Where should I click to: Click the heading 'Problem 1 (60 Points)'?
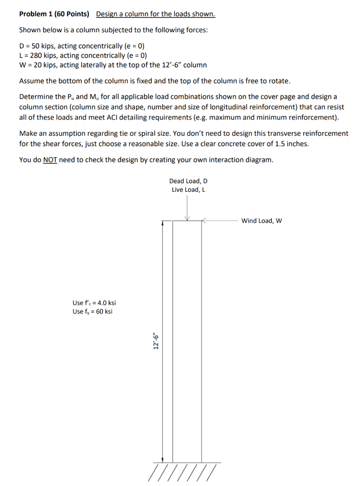tap(54, 14)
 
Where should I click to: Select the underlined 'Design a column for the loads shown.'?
tap(156, 14)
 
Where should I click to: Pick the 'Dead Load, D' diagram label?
tap(188, 181)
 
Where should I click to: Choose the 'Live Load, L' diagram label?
tap(188, 190)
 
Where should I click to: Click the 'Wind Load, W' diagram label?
tap(261, 221)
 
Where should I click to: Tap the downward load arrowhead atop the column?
tap(188, 218)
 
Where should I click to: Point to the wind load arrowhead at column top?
tap(204, 221)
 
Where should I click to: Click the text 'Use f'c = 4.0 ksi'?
tap(94, 303)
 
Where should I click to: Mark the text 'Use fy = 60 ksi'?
tap(92, 312)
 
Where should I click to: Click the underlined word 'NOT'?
tap(50, 159)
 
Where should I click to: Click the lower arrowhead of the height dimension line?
tap(163, 459)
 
